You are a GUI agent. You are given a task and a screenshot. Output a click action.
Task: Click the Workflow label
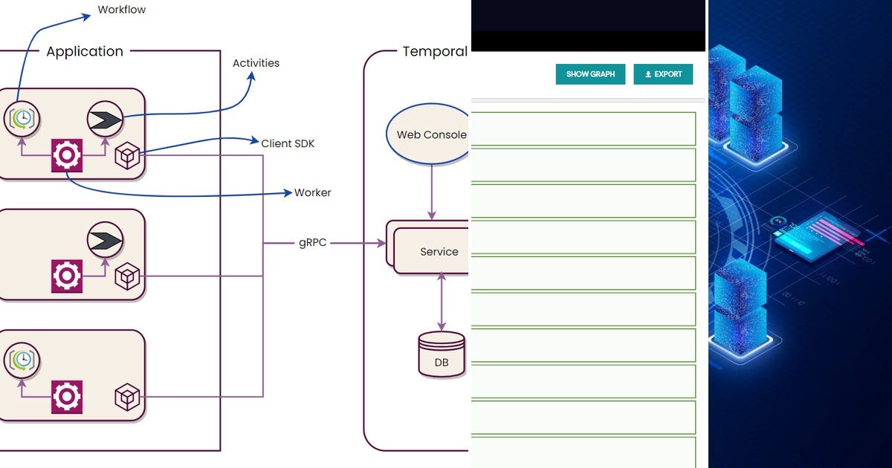coord(121,10)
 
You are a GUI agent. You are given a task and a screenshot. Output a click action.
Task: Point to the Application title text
coord(85,51)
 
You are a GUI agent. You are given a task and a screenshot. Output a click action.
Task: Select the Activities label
coord(256,63)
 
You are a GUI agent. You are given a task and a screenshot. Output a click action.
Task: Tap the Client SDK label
coord(287,143)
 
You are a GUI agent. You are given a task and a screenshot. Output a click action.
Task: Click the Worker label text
coord(312,192)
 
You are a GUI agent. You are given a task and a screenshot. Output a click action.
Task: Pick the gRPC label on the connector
coord(312,243)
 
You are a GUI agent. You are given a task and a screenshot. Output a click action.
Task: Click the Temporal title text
coord(435,51)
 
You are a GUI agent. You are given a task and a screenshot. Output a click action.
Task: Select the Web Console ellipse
coord(430,134)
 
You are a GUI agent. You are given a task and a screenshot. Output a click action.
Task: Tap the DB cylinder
coord(441,355)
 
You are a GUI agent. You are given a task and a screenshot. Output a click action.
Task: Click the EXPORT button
coord(663,74)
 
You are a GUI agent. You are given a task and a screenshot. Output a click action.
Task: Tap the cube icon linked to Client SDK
coord(127,156)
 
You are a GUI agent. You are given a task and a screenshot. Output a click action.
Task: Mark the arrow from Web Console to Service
coord(432,193)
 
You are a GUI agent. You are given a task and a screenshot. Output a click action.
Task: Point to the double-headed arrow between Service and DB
coord(442,301)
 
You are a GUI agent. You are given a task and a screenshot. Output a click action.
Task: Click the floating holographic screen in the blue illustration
coord(818,234)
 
